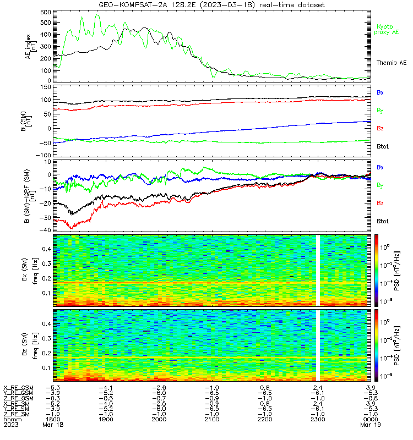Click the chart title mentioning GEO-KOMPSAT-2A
click(212, 5)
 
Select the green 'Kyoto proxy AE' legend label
click(387, 30)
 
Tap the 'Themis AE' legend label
click(392, 63)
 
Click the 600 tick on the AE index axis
click(46, 12)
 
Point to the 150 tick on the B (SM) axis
click(46, 87)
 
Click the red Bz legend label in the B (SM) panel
click(380, 128)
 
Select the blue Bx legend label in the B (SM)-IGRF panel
click(380, 167)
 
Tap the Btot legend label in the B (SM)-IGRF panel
click(383, 221)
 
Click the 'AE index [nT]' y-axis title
click(31, 47)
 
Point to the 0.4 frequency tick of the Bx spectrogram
click(46, 249)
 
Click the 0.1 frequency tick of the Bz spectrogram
click(46, 368)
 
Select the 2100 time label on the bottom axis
click(212, 419)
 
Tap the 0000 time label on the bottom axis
click(370, 419)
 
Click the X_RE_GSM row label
click(18, 388)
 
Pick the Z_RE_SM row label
click(17, 414)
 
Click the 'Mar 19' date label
click(370, 425)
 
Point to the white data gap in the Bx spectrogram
click(318, 270)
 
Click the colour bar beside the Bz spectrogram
click(376, 345)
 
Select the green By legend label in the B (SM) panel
click(380, 111)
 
